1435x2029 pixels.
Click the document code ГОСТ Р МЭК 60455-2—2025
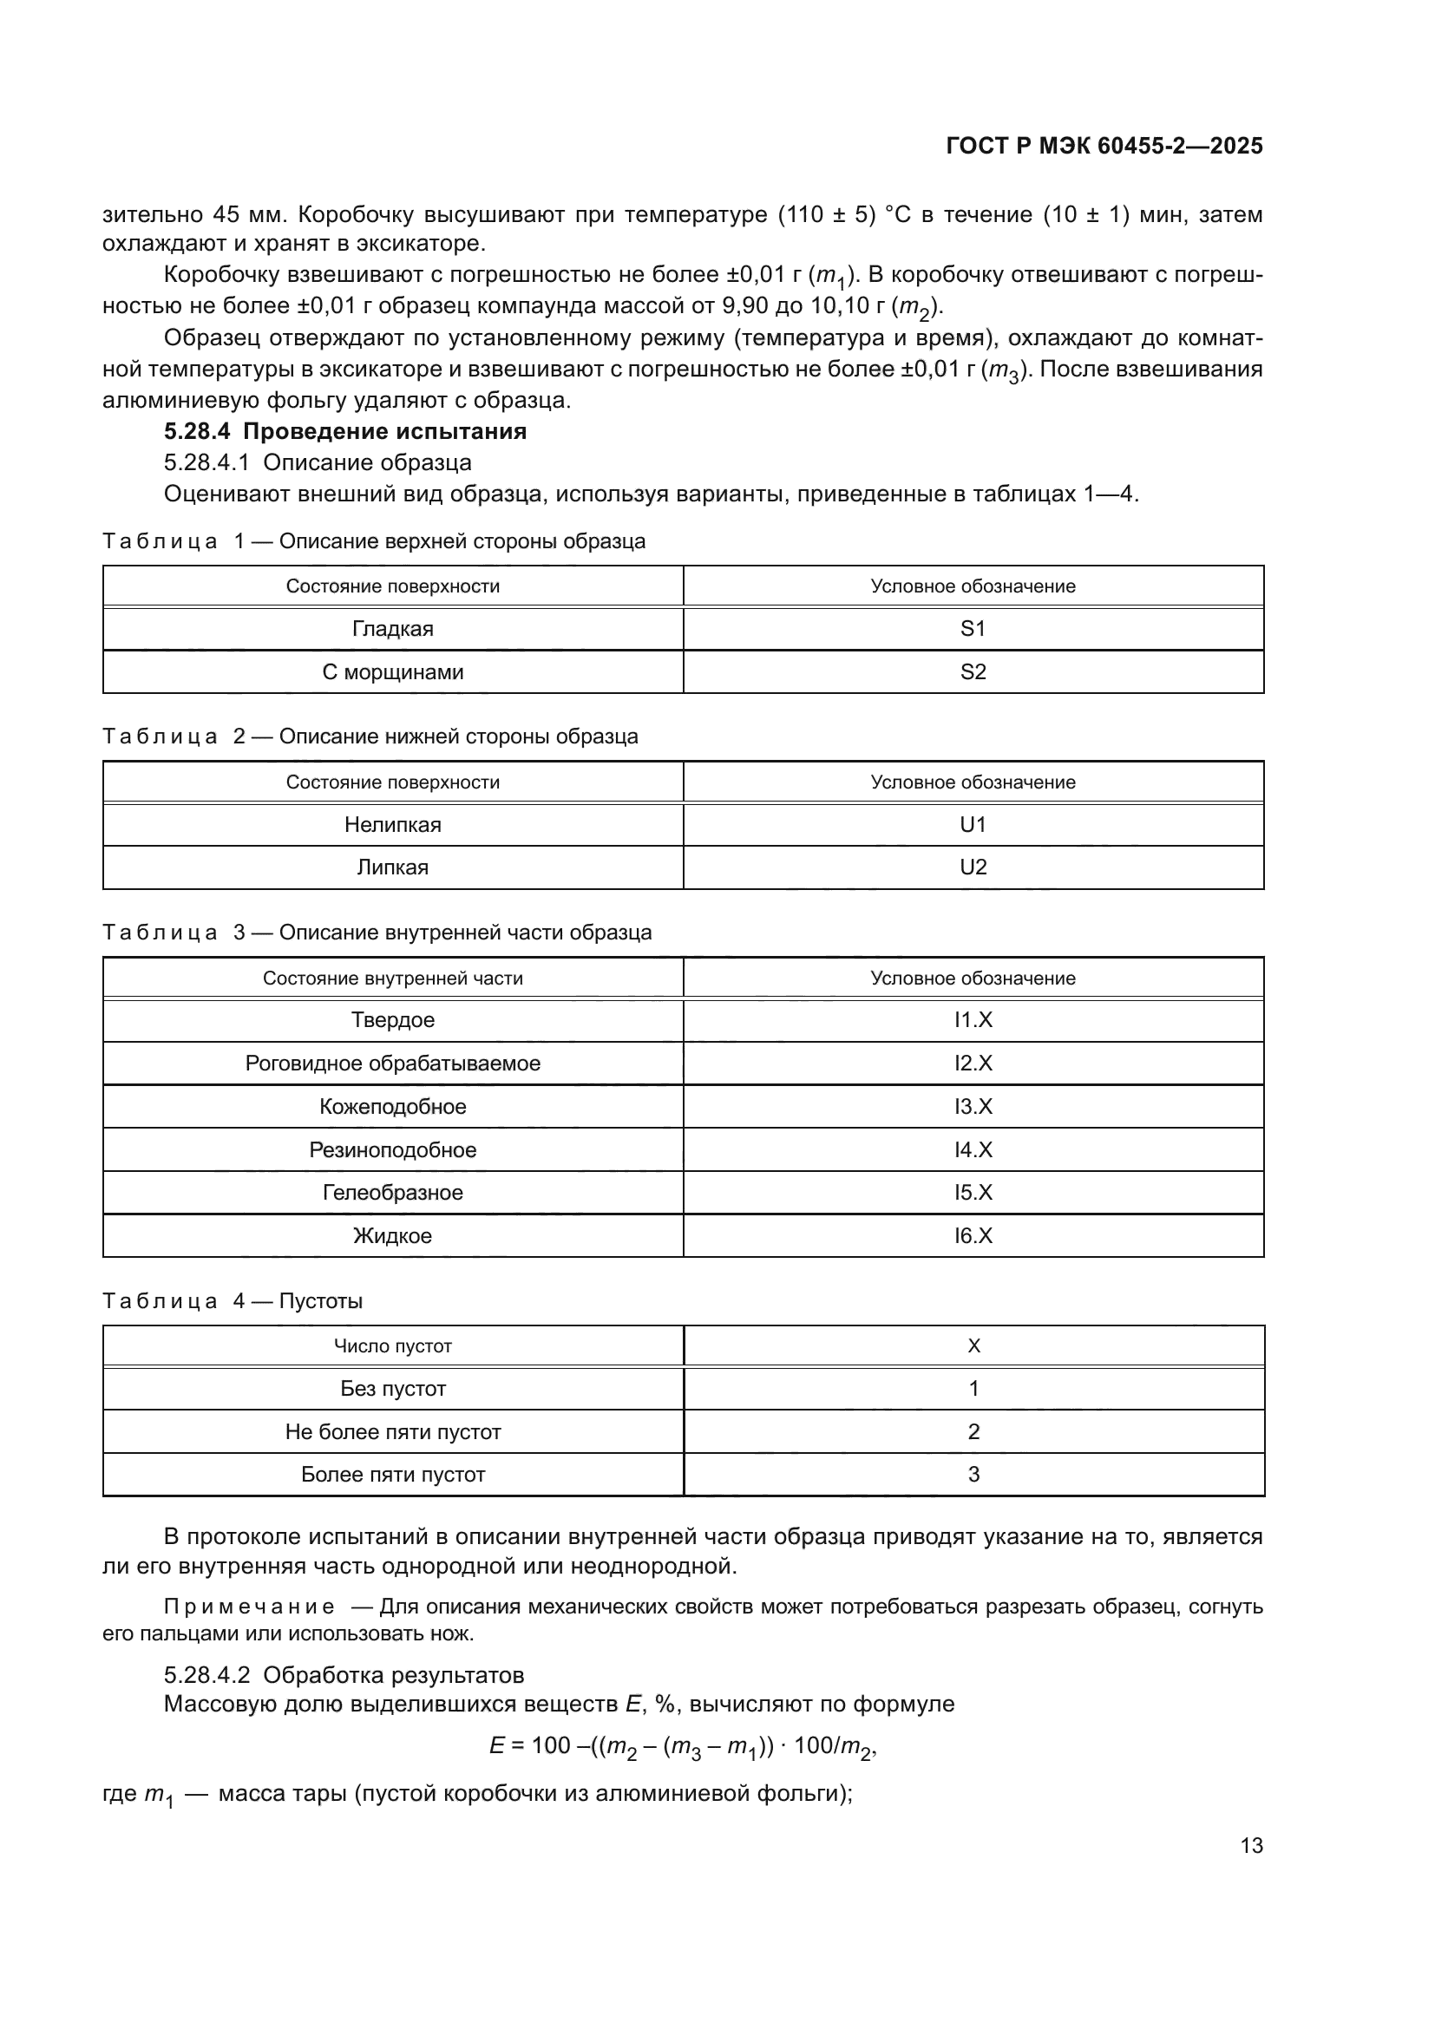tap(1104, 146)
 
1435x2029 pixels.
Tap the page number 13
tap(1251, 1845)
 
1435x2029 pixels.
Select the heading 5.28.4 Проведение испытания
tap(344, 431)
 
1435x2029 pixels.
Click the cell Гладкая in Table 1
tap(392, 629)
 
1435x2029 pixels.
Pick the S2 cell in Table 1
tap(972, 671)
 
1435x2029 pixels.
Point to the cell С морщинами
tap(392, 671)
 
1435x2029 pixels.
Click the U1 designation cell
tap(972, 824)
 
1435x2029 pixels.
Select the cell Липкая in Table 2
tap(392, 867)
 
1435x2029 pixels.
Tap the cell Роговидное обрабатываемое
tap(392, 1064)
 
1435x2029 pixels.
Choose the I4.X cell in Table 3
tap(972, 1149)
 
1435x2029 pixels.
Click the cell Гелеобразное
tap(392, 1192)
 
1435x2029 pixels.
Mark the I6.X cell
tap(972, 1235)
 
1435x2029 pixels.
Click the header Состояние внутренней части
tap(392, 979)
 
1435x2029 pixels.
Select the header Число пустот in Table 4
tap(392, 1346)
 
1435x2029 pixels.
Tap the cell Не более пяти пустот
tap(392, 1431)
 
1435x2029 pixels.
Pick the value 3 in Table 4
tap(973, 1474)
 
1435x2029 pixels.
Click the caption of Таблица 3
tap(377, 933)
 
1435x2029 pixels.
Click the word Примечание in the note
tap(248, 1607)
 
